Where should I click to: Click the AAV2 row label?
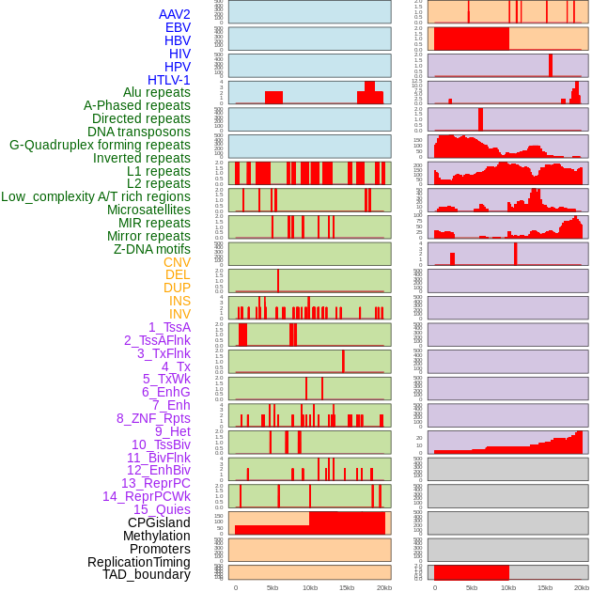pyautogui.click(x=175, y=14)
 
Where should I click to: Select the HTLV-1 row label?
pyautogui.click(x=169, y=80)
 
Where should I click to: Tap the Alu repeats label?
pyautogui.click(x=157, y=93)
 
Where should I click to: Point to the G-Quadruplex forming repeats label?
pyautogui.click(x=100, y=145)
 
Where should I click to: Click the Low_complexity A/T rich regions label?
pyautogui.click(x=96, y=196)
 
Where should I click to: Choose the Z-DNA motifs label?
pyautogui.click(x=152, y=249)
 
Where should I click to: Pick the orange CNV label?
pyautogui.click(x=177, y=262)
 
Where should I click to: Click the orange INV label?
pyautogui.click(x=179, y=314)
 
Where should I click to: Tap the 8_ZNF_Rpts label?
pyautogui.click(x=153, y=418)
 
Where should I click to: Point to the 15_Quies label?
pyautogui.click(x=162, y=509)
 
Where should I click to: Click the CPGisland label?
pyautogui.click(x=159, y=522)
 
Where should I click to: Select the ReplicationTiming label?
pyautogui.click(x=139, y=562)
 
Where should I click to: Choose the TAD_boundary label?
pyautogui.click(x=147, y=574)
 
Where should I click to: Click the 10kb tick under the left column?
pyautogui.click(x=309, y=587)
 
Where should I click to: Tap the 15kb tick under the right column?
pyautogui.click(x=545, y=587)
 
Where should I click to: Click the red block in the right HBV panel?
pyautogui.click(x=471, y=39)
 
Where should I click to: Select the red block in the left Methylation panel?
pyautogui.click(x=347, y=523)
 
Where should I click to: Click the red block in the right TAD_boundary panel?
pyautogui.click(x=471, y=572)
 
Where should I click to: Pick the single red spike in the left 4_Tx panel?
pyautogui.click(x=343, y=362)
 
